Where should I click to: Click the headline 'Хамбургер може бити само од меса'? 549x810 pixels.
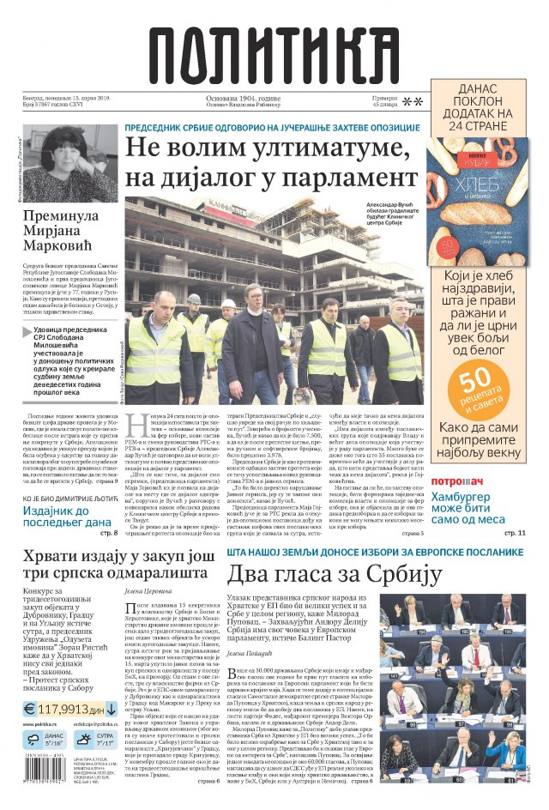tap(483, 507)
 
